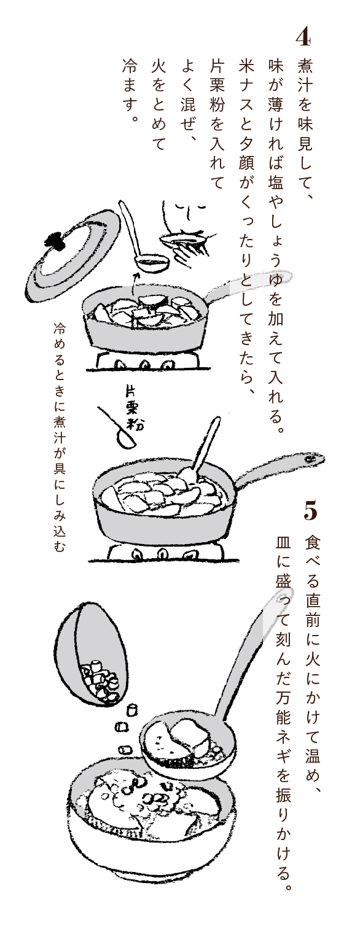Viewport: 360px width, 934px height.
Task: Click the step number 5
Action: click(310, 512)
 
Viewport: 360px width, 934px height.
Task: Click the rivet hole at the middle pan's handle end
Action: click(310, 459)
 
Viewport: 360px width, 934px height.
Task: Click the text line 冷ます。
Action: click(129, 90)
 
